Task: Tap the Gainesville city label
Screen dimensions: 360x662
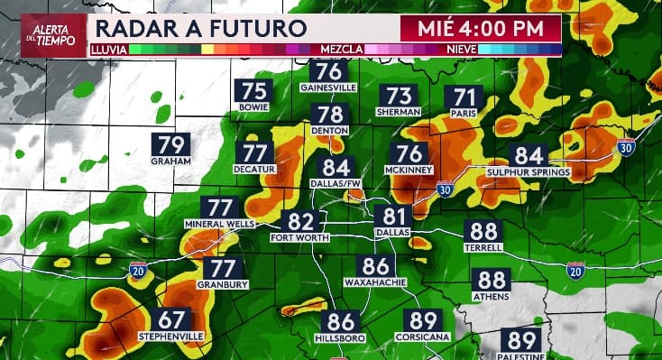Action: [x=329, y=88]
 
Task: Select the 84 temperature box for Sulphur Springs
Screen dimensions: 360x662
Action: [x=529, y=155]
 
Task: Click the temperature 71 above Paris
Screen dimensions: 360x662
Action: [x=464, y=97]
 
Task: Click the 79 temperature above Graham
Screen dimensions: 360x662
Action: [x=171, y=145]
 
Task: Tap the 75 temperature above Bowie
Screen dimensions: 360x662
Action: [x=254, y=90]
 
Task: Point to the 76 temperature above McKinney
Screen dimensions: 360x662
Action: [x=409, y=154]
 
